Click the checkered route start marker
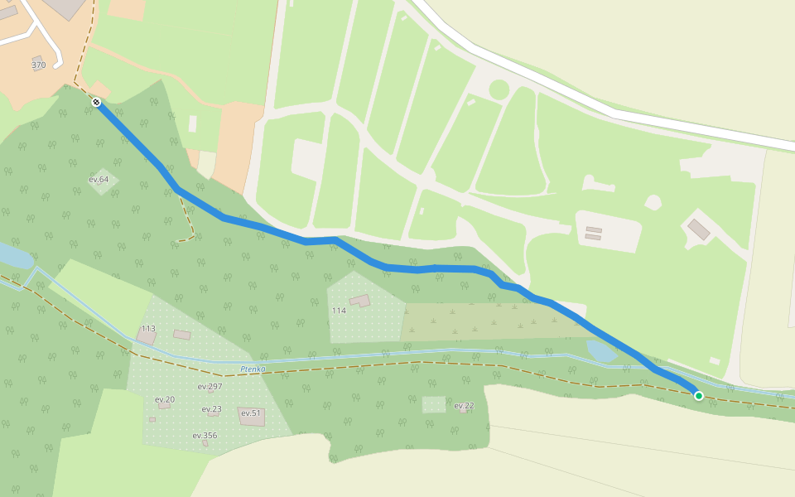97,102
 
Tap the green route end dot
699,396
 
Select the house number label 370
39,65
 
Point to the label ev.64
99,179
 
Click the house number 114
339,311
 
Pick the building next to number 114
360,301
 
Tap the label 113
148,329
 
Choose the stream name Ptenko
251,369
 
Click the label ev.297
210,387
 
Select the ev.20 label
165,399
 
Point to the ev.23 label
211,409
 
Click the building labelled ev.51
252,417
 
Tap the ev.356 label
205,436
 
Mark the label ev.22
464,405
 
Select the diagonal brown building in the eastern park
699,229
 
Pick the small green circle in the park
499,89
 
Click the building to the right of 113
182,335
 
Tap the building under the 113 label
146,339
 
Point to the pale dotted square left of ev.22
434,404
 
